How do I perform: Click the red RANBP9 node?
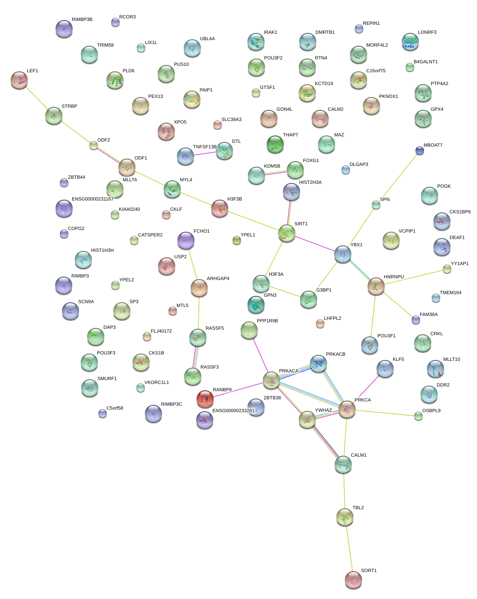[x=205, y=398]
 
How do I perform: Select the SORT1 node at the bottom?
[x=353, y=579]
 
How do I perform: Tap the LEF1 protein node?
[x=19, y=80]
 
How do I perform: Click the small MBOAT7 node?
[x=420, y=150]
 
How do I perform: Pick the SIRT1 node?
[x=286, y=233]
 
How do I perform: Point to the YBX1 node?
[x=342, y=254]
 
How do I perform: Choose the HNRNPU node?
[x=376, y=286]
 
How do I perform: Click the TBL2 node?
[x=344, y=517]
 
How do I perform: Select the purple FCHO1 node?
[x=185, y=240]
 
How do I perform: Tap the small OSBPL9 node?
[x=418, y=416]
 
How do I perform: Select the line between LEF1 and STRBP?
[x=36, y=97]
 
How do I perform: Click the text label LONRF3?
[x=427, y=32]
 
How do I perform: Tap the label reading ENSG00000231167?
[x=92, y=199]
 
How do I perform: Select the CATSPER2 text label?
[x=150, y=235]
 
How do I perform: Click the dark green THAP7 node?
[x=275, y=144]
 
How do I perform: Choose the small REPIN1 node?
[x=359, y=29]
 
